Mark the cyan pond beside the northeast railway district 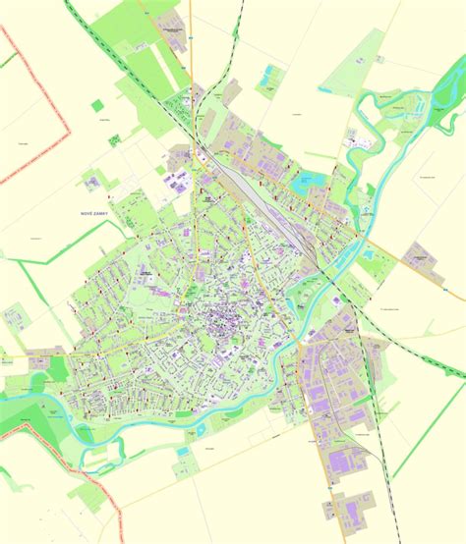click(300, 180)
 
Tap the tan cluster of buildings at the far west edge click(16, 318)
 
